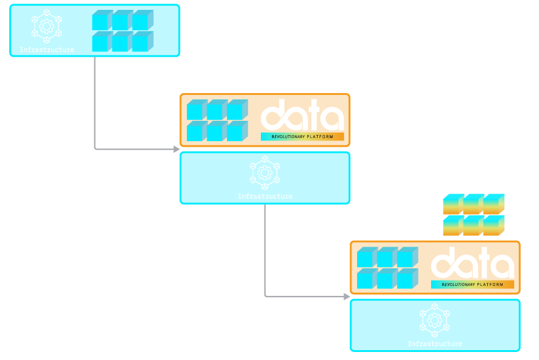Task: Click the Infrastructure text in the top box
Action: pos(47,49)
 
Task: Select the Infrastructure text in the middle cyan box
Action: pos(265,196)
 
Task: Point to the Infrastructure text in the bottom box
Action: pos(435,343)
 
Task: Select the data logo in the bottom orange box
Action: pos(472,263)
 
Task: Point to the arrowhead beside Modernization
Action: pos(177,149)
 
